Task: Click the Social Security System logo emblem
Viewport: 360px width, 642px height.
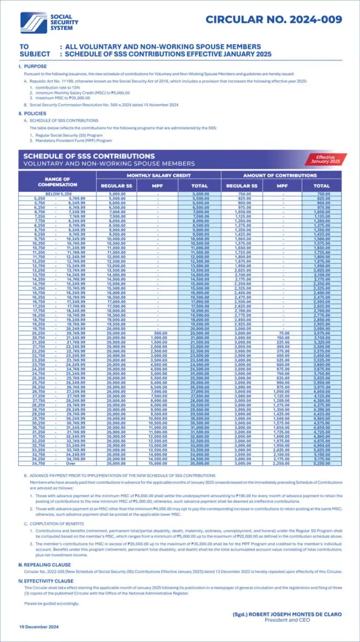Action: (33, 23)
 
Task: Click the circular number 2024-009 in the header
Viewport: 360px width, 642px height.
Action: (273, 19)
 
